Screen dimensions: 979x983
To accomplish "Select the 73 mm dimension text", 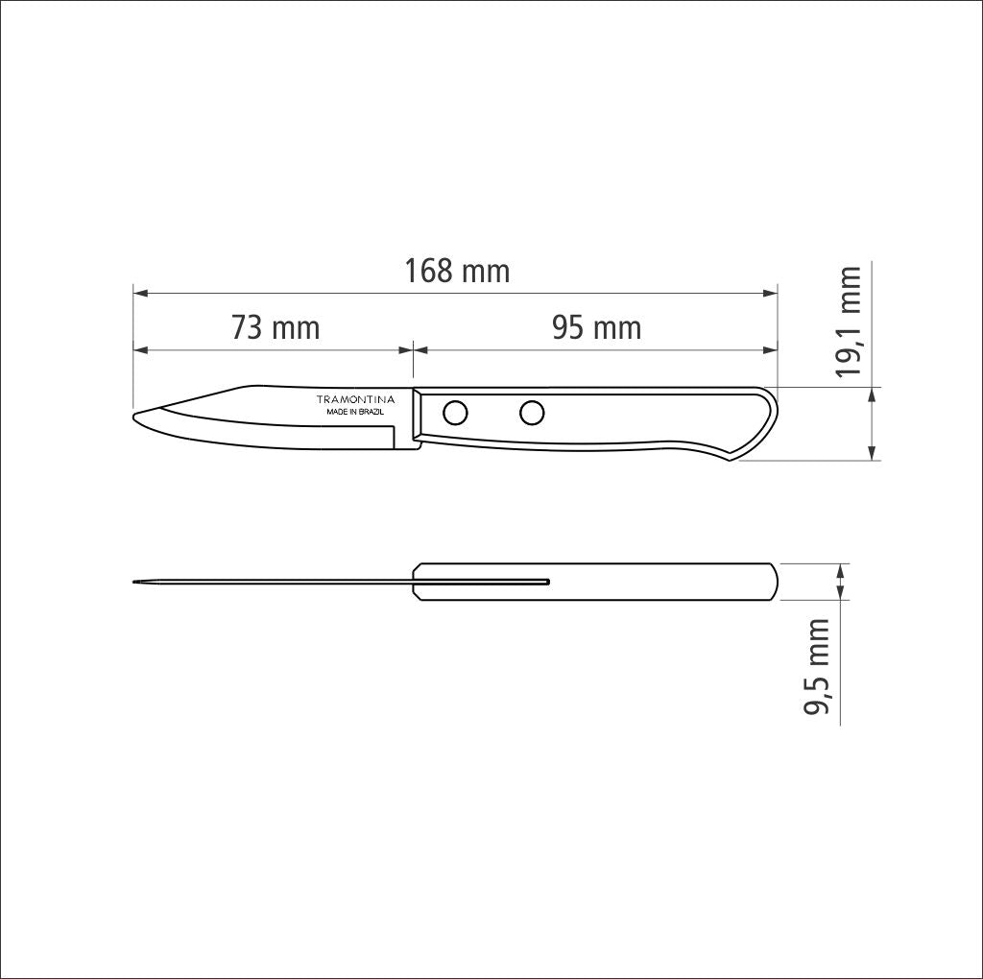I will coord(275,328).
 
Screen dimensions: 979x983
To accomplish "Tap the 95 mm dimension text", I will coord(596,328).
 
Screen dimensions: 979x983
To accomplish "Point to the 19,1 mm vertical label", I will coord(849,322).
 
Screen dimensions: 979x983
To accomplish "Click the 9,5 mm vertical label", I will coord(817,668).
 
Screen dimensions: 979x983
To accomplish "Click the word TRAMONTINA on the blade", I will coord(355,399).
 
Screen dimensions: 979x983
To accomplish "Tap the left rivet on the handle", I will coord(455,414).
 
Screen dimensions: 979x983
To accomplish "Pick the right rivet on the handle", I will coord(531,413).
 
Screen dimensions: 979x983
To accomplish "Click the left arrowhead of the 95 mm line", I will coord(420,349).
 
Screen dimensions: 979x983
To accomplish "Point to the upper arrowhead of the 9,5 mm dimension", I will coord(841,569).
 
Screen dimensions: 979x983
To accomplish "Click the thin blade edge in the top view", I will coord(278,582).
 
